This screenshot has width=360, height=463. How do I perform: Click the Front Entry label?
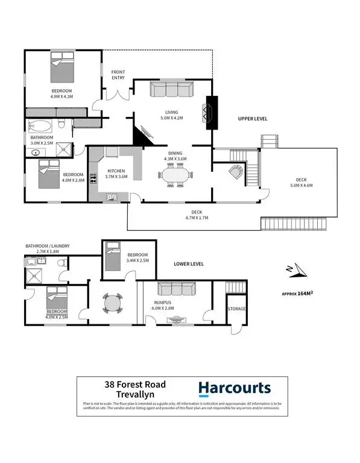118,75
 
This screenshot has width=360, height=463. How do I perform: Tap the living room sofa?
171,90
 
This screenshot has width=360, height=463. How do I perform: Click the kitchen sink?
112,196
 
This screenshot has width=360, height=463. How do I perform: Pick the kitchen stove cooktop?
93,178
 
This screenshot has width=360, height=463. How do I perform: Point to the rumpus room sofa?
175,289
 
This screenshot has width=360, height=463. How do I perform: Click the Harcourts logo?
235,388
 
